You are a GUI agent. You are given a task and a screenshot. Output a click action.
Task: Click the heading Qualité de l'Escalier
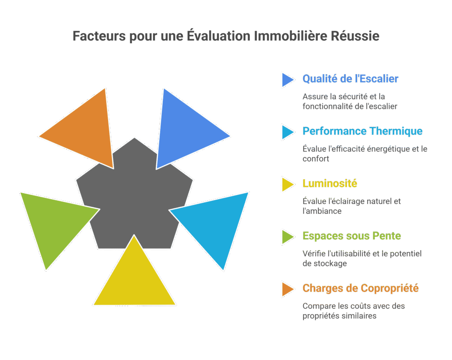pyautogui.click(x=350, y=79)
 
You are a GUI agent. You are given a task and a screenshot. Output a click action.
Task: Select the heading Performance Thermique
pyautogui.click(x=362, y=131)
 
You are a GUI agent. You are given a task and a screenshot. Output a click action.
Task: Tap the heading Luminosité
pyautogui.click(x=330, y=184)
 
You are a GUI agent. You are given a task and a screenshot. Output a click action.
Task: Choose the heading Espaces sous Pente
pyautogui.click(x=351, y=236)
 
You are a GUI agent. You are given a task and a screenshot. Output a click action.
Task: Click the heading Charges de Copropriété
pyautogui.click(x=360, y=289)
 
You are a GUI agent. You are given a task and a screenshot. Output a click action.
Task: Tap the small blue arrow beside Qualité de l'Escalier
pyautogui.click(x=287, y=79)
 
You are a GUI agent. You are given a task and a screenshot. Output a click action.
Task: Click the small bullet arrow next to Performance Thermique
pyautogui.click(x=287, y=131)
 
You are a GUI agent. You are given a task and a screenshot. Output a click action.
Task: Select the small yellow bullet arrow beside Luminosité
pyautogui.click(x=287, y=184)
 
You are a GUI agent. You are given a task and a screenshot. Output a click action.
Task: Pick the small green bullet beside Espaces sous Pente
pyautogui.click(x=287, y=236)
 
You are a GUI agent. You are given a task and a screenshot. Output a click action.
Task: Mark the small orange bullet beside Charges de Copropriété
pyautogui.click(x=287, y=289)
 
